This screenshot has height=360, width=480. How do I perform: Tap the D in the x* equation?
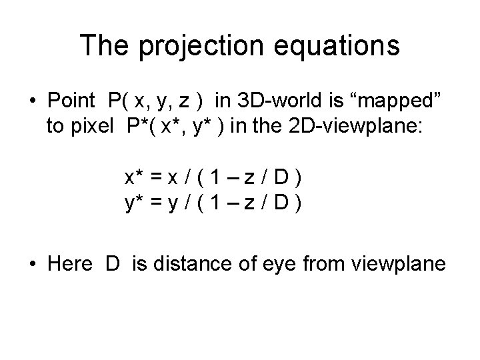[x=282, y=178]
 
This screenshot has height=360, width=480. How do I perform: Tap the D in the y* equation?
[x=282, y=204]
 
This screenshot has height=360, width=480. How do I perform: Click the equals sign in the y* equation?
[x=157, y=204]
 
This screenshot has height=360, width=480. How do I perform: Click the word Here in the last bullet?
[x=69, y=264]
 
